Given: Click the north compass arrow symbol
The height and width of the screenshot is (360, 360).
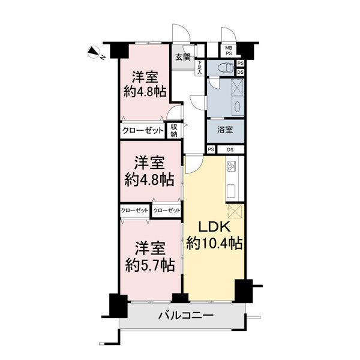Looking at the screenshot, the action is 94,52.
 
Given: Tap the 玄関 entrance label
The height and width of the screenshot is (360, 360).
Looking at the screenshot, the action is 183,57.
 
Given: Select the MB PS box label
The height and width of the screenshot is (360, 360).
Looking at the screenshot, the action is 229,51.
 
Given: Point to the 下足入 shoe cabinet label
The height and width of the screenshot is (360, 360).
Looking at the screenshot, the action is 200,67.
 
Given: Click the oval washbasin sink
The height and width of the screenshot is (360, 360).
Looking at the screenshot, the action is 237,107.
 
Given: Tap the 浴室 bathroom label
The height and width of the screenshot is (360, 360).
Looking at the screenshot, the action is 225,130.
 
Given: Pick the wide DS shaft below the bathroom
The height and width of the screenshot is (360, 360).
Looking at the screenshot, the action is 230,149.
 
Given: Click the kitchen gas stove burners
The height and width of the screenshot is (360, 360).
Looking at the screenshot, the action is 231,166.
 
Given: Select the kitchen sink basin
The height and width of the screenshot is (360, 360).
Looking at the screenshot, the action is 232,190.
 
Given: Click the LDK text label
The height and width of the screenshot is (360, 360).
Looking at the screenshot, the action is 214,227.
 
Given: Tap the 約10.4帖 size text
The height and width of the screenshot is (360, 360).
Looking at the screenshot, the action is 214,244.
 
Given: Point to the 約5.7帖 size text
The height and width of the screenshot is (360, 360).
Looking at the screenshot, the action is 150,265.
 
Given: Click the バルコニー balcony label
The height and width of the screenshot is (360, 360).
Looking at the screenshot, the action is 186,316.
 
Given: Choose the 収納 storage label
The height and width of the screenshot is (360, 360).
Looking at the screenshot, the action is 174,131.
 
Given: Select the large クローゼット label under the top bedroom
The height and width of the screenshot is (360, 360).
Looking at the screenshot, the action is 143,131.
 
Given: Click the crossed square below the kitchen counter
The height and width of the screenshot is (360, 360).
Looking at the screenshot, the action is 235,211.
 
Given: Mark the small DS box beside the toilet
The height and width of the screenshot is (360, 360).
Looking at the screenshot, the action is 240,72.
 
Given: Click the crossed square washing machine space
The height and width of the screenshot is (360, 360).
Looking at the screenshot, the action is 237,87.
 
